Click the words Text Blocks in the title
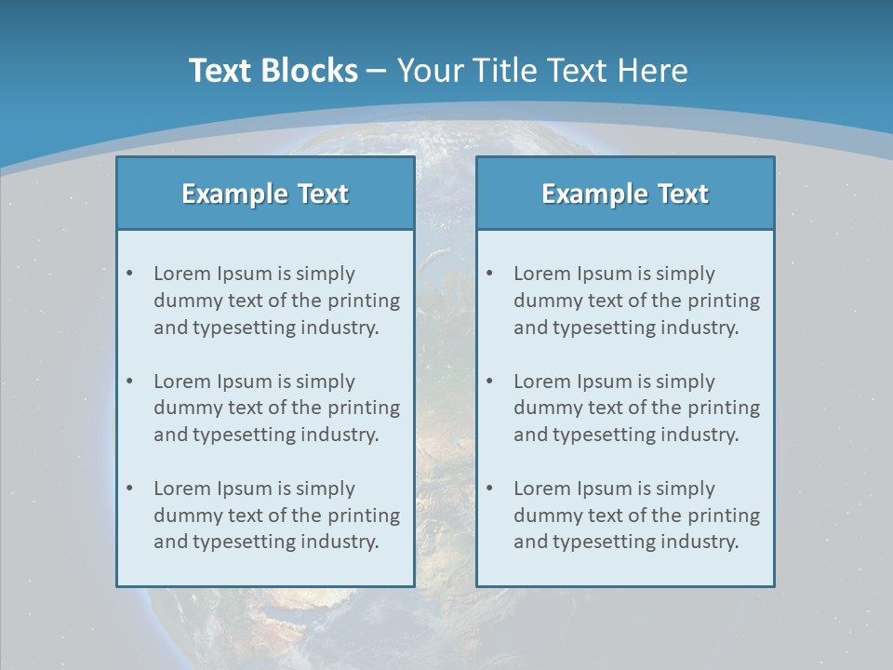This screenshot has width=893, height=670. (273, 71)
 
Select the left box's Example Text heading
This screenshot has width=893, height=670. (265, 194)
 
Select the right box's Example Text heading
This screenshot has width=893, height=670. (625, 194)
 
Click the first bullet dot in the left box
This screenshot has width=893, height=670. (130, 274)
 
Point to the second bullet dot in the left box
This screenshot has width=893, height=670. (130, 382)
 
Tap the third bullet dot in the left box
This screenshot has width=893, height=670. (130, 489)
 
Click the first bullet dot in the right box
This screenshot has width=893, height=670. (490, 274)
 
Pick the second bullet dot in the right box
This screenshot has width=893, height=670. (490, 382)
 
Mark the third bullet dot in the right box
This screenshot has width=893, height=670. (490, 489)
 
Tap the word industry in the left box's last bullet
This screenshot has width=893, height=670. (341, 542)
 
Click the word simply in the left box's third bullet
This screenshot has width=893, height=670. (326, 489)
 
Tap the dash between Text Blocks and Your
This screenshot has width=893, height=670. (378, 71)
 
